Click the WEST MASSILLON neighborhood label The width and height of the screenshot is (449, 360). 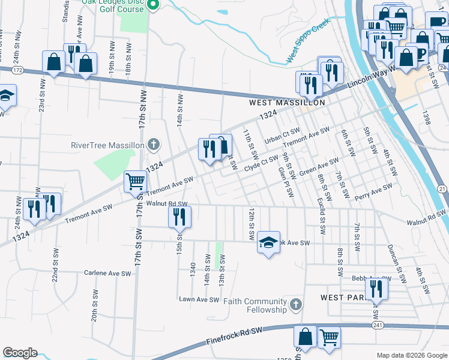[287, 103]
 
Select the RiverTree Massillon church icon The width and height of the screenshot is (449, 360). [154, 145]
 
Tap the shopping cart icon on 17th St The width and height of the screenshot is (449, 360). [135, 181]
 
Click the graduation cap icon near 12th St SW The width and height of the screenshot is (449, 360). [268, 242]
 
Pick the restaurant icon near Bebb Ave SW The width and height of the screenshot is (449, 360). [376, 289]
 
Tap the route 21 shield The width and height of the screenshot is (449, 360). [442, 189]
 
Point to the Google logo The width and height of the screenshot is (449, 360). [20, 353]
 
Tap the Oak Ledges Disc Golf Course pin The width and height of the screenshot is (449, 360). [152, 5]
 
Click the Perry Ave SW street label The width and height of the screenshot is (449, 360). [373, 191]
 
